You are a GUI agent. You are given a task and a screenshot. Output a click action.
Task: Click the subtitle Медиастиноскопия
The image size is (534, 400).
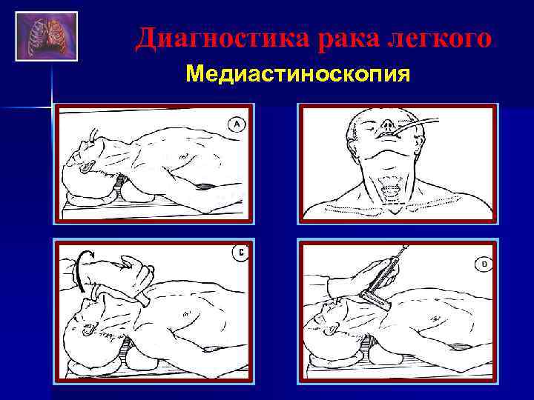coord(297,74)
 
